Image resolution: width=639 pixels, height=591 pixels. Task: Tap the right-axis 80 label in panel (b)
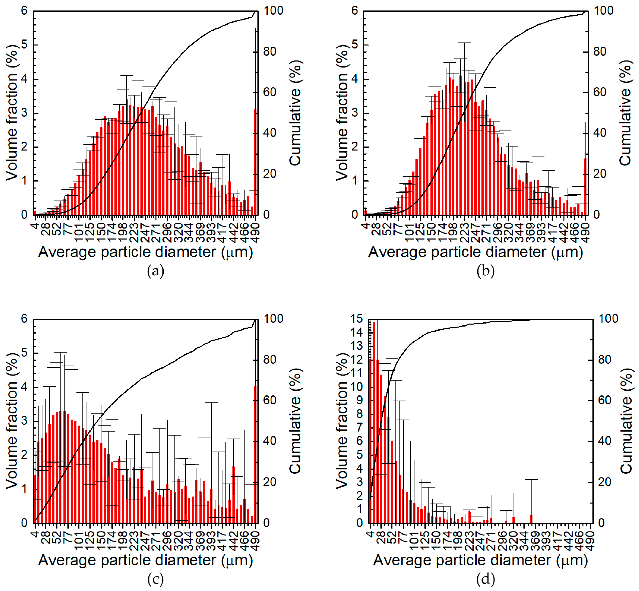click(x=600, y=51)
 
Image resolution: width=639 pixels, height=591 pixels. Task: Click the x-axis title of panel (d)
click(x=481, y=560)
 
